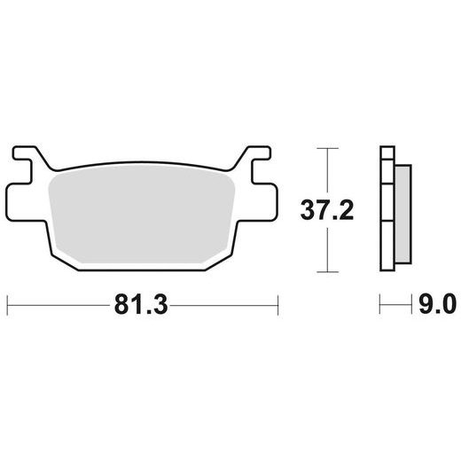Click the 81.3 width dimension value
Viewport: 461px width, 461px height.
click(x=141, y=305)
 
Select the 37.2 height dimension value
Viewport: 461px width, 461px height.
click(x=327, y=210)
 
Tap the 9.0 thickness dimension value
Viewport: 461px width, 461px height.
click(x=438, y=304)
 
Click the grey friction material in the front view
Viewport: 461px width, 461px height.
click(x=142, y=215)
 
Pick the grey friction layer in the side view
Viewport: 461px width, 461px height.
click(x=403, y=215)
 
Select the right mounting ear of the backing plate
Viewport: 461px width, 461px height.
click(x=263, y=202)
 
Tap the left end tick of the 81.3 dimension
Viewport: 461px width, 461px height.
click(x=7, y=305)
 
